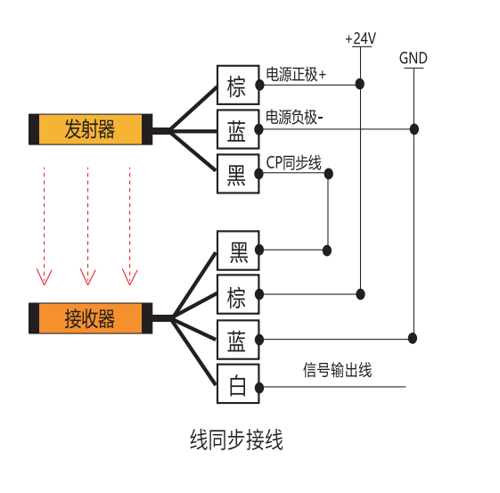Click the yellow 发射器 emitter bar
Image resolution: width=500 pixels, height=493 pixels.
pyautogui.click(x=91, y=129)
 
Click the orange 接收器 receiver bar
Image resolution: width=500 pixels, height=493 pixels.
pyautogui.click(x=91, y=318)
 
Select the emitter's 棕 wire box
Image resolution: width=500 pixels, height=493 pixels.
pyautogui.click(x=238, y=85)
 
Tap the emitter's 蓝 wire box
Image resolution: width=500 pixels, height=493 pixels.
pyautogui.click(x=238, y=129)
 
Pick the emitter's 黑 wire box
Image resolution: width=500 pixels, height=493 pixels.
pyautogui.click(x=238, y=174)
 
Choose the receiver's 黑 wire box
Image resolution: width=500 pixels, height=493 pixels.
pyautogui.click(x=238, y=251)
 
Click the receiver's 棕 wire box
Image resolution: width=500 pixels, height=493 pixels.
pyautogui.click(x=238, y=294)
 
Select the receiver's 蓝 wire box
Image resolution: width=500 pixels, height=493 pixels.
pyautogui.click(x=238, y=340)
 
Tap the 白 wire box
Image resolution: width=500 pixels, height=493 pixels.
pyautogui.click(x=238, y=384)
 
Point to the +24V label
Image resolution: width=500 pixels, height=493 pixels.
pyautogui.click(x=361, y=38)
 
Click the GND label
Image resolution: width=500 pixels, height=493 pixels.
pyautogui.click(x=414, y=58)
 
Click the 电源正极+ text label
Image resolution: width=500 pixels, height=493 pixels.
pyautogui.click(x=296, y=74)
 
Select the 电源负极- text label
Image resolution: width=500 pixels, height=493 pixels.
pyautogui.click(x=294, y=117)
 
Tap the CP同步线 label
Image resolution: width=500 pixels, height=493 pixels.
pyautogui.click(x=294, y=162)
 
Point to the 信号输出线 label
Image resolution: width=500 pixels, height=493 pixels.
pyautogui.click(x=338, y=370)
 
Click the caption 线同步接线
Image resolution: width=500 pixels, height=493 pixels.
pyautogui.click(x=236, y=440)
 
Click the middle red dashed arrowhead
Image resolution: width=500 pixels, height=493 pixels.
pyautogui.click(x=87, y=276)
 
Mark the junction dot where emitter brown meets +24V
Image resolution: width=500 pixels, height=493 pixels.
pyautogui.click(x=360, y=84)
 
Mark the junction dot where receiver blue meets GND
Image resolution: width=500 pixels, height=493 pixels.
pyautogui.click(x=413, y=338)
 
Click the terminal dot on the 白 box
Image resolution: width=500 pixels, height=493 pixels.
pyautogui.click(x=259, y=388)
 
